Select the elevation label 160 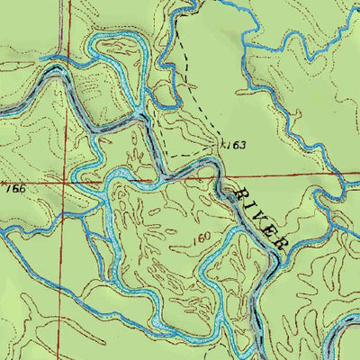201,237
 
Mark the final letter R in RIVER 278,244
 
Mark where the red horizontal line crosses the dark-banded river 219,175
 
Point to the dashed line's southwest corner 165,156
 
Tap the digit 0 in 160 208,237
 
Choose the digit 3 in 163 242,145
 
